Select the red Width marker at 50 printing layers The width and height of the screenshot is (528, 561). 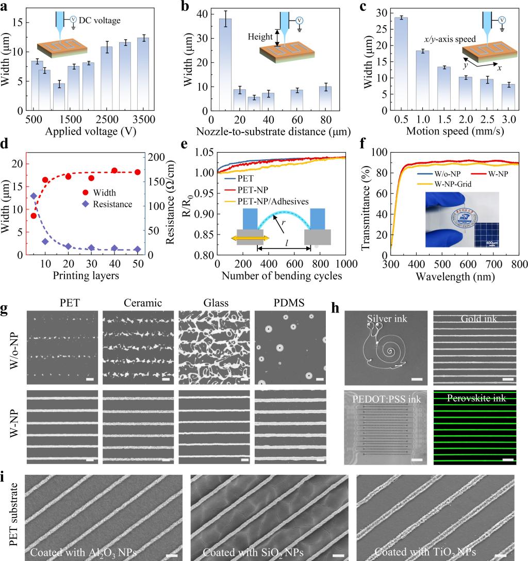tap(137, 172)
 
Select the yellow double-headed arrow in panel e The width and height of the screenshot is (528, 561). tap(249, 238)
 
